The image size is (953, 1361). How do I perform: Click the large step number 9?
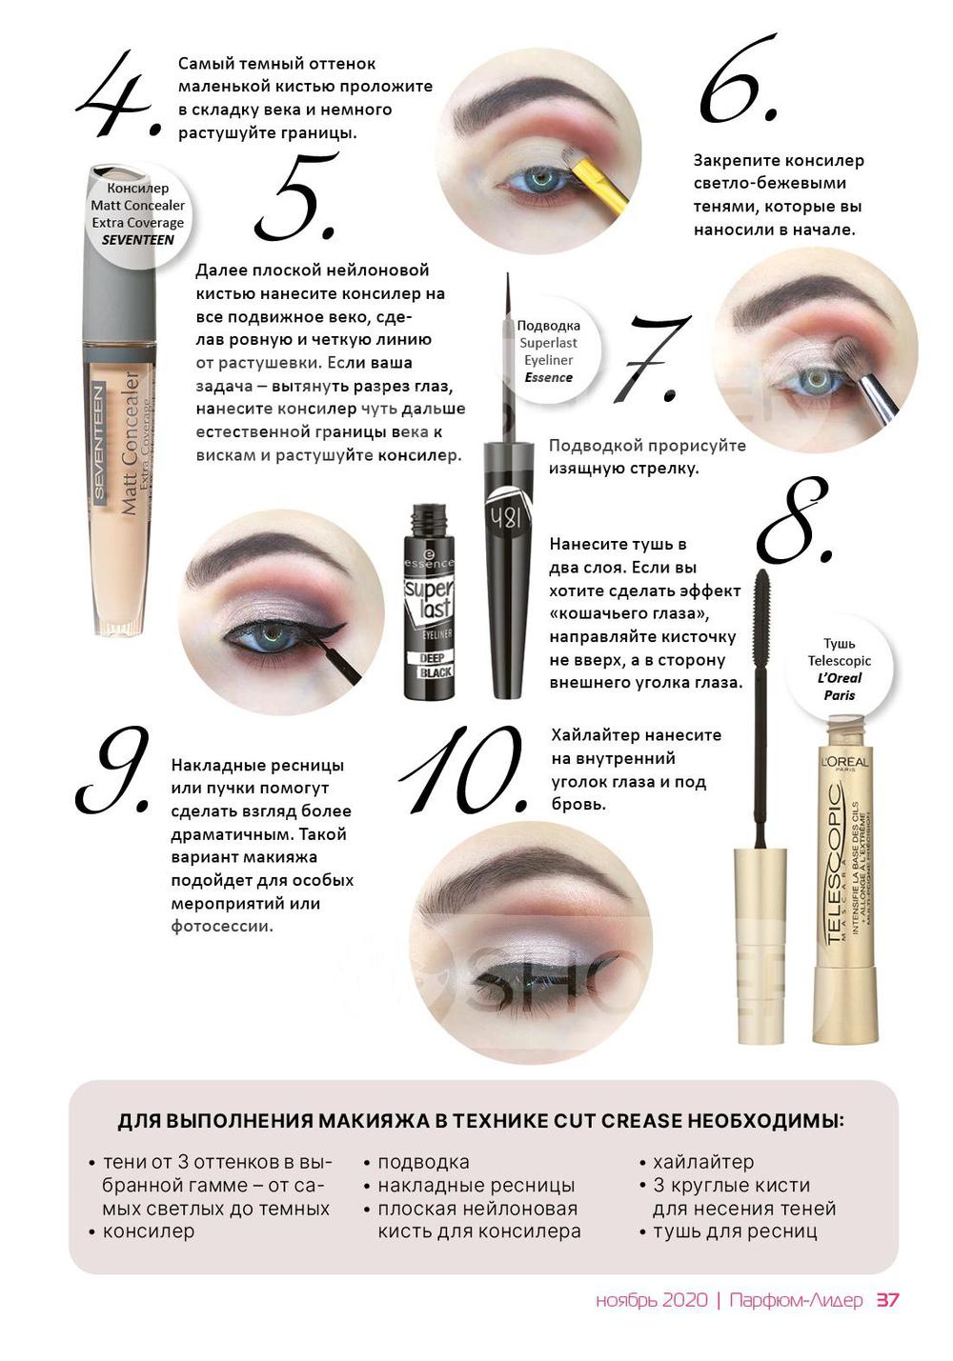click(x=113, y=771)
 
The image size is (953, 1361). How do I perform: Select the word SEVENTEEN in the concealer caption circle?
click(x=138, y=240)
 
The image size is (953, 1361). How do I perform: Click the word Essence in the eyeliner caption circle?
click(x=549, y=377)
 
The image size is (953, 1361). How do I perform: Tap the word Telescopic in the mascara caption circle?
click(x=839, y=661)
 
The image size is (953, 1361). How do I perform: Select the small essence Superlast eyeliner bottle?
click(x=429, y=602)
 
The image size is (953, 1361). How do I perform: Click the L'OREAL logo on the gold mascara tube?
click(x=845, y=762)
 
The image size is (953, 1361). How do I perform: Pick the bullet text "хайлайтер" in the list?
click(x=703, y=1162)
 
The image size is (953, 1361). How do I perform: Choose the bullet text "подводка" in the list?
click(x=424, y=1162)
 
